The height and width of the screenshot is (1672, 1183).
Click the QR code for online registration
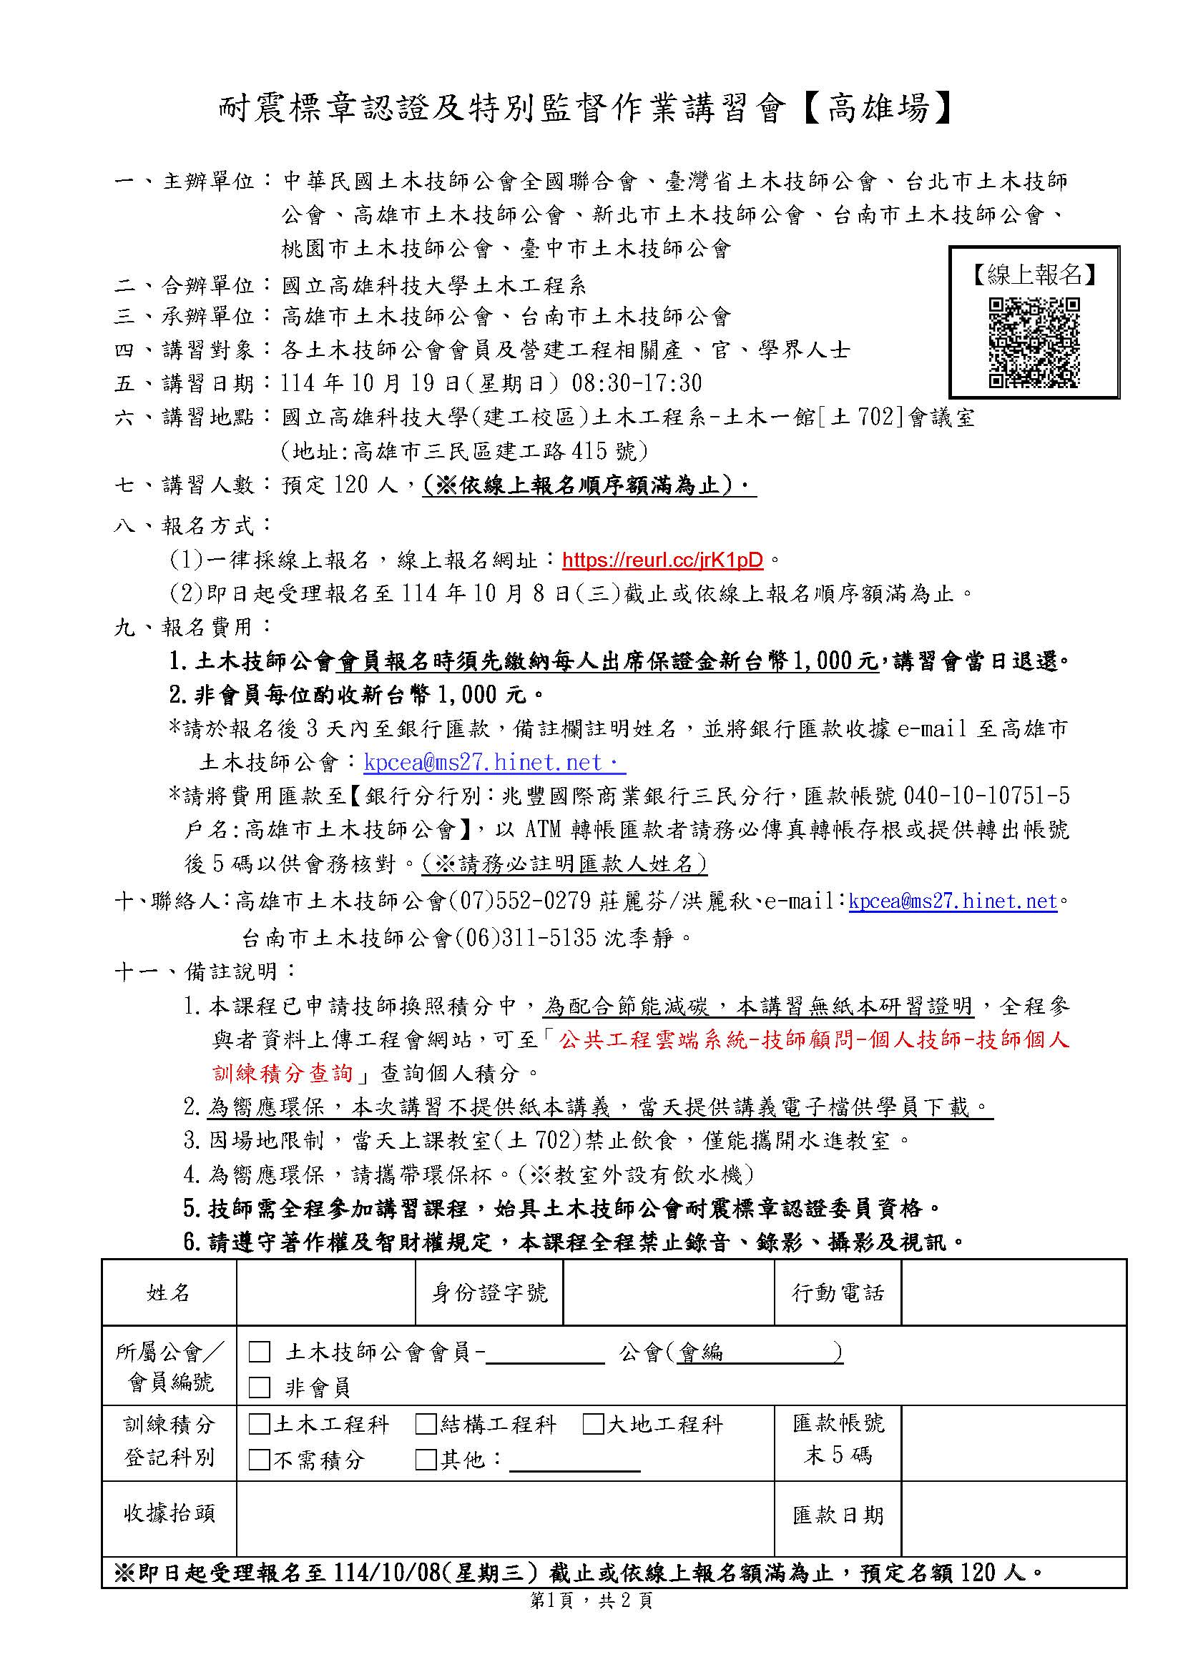[x=1034, y=342]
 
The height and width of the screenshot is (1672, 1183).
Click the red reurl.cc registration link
[x=662, y=560]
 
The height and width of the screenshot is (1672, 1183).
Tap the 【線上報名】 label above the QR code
[x=1034, y=275]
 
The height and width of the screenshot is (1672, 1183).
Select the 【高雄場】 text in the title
[x=878, y=109]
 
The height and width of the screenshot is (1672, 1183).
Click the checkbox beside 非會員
[x=260, y=1387]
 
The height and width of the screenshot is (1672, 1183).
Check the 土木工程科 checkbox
[x=260, y=1425]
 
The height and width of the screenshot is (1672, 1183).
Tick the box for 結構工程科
[x=426, y=1425]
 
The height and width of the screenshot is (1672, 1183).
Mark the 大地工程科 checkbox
[x=593, y=1425]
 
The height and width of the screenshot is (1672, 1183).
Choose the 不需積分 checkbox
[x=260, y=1460]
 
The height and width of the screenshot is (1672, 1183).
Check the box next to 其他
[x=426, y=1460]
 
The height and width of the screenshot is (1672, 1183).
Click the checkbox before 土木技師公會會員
[x=260, y=1352]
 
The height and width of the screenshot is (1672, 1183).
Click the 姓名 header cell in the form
[x=168, y=1293]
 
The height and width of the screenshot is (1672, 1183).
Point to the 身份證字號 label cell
[x=489, y=1293]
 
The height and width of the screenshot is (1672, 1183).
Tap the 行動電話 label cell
[x=838, y=1293]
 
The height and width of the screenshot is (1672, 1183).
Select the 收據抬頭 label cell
[x=169, y=1514]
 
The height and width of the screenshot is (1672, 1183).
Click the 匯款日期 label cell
[x=838, y=1516]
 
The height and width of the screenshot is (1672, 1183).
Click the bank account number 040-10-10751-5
[x=986, y=796]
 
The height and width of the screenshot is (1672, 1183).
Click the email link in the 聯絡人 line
[x=953, y=901]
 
